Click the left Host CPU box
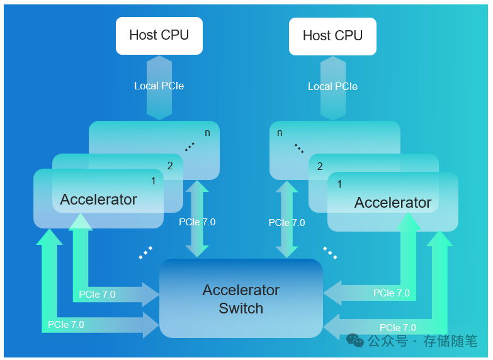(159, 35)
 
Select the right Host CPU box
(332, 36)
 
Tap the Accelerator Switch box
(241, 299)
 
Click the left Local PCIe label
(159, 86)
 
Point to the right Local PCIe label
(332, 86)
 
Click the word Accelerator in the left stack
(98, 200)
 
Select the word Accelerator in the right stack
(392, 203)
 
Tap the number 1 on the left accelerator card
(152, 181)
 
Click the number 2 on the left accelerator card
(170, 166)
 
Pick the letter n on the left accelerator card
(208, 133)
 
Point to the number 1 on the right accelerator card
(340, 184)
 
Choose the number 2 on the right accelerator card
(320, 167)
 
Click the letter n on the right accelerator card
(280, 133)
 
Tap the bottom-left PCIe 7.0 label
(65, 325)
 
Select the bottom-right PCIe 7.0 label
(397, 328)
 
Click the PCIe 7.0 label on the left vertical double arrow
(197, 222)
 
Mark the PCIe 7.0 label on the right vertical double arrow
(286, 223)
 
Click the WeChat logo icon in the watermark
(355, 341)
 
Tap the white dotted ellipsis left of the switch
(145, 252)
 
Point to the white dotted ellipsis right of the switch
(330, 252)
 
